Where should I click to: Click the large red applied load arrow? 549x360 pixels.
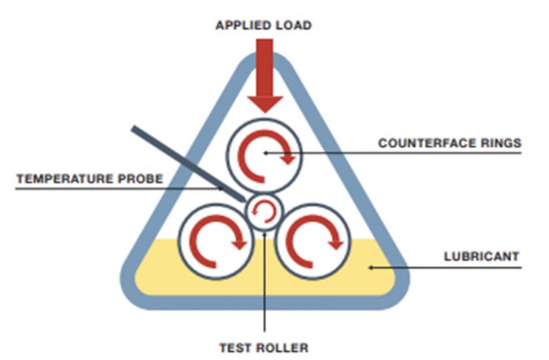[264, 74]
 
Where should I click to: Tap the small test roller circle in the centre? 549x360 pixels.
[264, 211]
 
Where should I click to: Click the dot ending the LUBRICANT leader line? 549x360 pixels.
[371, 266]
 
